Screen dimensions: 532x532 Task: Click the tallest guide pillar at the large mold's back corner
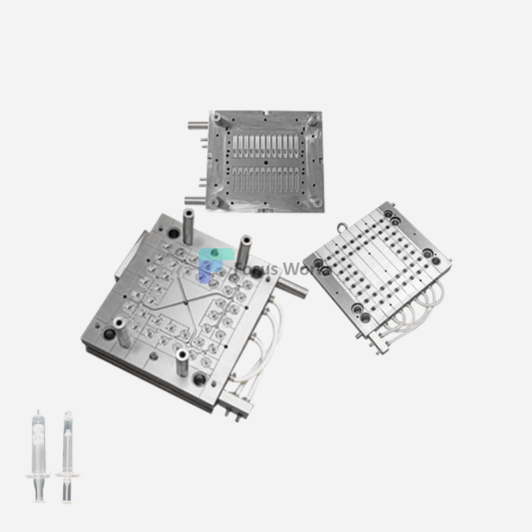pos(187,226)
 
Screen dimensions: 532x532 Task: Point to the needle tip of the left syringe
pos(38,412)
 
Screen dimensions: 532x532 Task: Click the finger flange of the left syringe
pos(38,475)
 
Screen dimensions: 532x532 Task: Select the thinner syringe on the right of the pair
pos(67,459)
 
